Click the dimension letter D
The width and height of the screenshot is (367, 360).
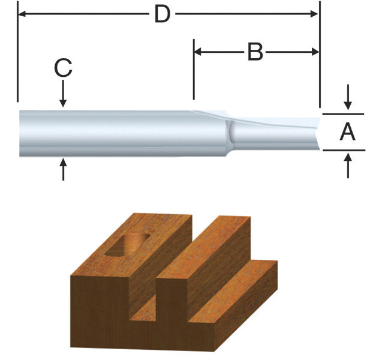(163, 14)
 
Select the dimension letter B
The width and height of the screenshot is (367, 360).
(255, 52)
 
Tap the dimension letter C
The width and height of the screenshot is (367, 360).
(63, 68)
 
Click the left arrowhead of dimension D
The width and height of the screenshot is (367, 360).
(22, 14)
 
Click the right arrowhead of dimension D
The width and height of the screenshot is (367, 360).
(314, 14)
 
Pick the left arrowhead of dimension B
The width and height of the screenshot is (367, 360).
(198, 52)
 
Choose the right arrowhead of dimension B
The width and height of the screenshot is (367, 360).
(315, 52)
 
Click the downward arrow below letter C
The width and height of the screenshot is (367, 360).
(63, 94)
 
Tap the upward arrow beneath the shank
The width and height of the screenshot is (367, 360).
(63, 170)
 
